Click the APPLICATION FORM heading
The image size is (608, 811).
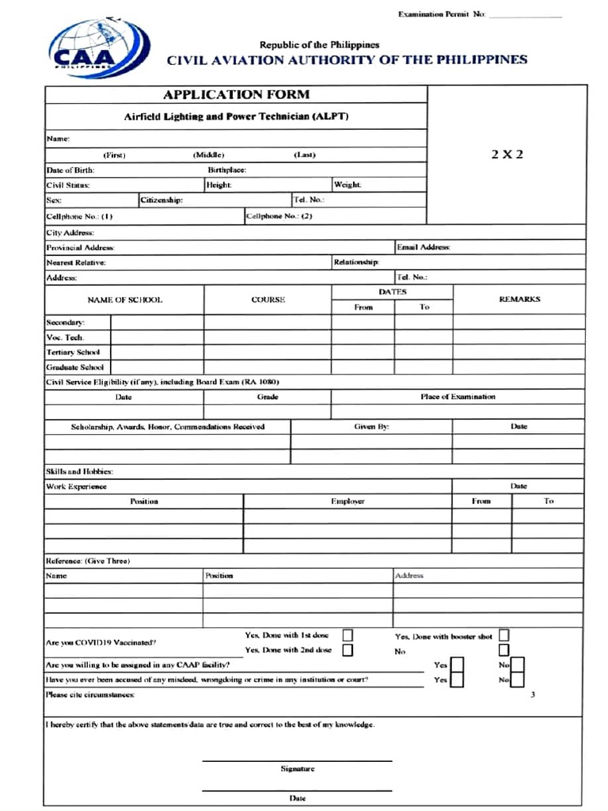coord(236,94)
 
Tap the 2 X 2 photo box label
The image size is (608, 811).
coord(507,154)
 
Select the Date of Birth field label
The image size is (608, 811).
coord(70,169)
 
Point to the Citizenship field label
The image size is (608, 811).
coord(162,200)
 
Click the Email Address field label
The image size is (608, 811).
coord(424,247)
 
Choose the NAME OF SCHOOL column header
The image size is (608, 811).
coord(124,299)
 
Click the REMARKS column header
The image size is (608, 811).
coord(519,299)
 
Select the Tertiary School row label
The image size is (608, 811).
coord(73,352)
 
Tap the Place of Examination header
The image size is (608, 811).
coord(458,396)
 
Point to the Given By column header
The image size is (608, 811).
coord(370,426)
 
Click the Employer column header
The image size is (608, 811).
coord(348,501)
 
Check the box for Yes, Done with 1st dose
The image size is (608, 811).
coord(348,635)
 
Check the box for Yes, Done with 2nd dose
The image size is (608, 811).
coord(348,650)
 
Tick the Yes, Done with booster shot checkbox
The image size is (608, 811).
coord(503,635)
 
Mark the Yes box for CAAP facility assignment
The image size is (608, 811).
coord(457,665)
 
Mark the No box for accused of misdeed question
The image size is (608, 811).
coord(517,680)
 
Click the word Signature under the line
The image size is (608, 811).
coord(298,768)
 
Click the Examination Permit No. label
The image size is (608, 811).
coord(442,14)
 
